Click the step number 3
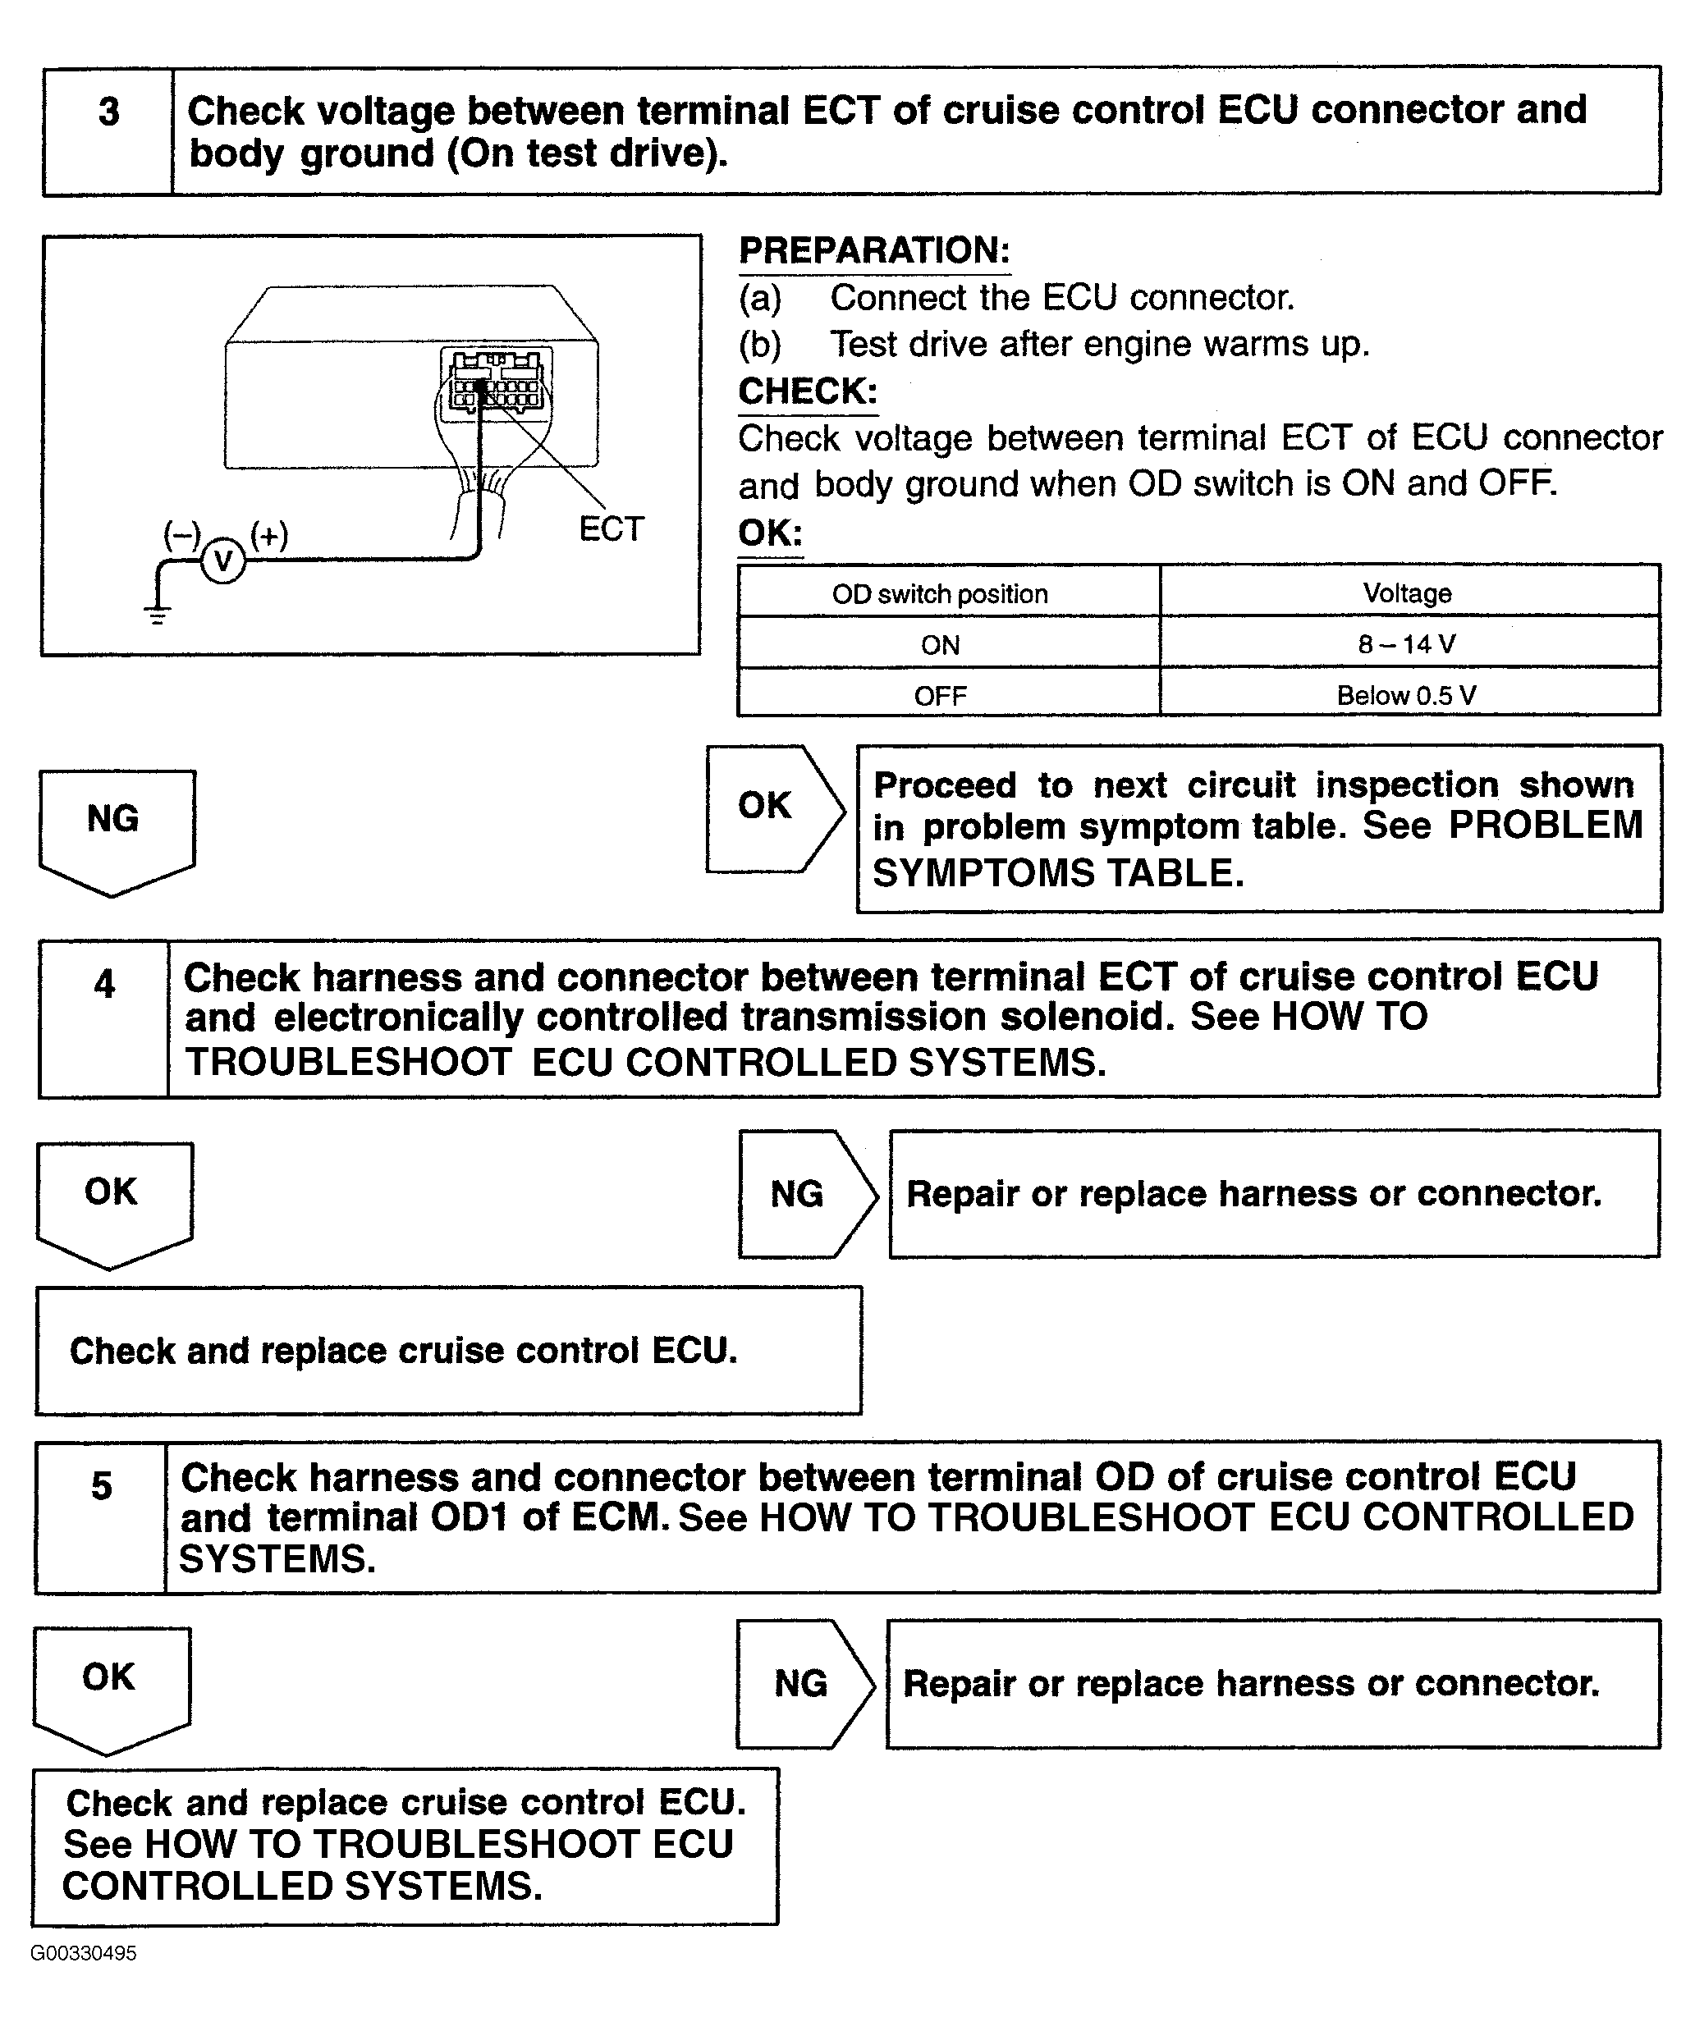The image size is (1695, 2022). [109, 112]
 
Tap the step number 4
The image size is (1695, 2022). [104, 984]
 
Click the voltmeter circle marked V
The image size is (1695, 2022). [222, 560]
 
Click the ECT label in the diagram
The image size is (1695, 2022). [611, 528]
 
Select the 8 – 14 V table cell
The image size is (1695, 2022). [1410, 643]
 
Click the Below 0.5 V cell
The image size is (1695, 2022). [1410, 693]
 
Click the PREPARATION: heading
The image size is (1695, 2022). [874, 250]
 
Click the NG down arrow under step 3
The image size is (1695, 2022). [117, 832]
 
